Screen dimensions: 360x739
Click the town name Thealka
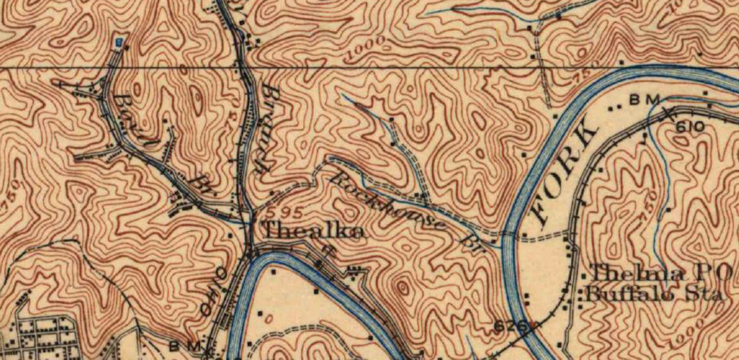[x=313, y=231]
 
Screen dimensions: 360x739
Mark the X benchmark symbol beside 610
[x=668, y=114]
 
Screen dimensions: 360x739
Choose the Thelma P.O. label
[x=660, y=273]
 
